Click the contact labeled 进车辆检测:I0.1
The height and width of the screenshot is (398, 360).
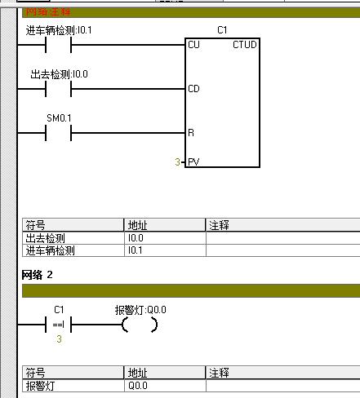click(x=58, y=45)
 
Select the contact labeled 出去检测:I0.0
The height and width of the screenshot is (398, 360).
click(x=58, y=89)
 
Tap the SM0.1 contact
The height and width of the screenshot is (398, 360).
click(x=58, y=133)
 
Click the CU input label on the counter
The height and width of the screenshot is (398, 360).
click(x=193, y=45)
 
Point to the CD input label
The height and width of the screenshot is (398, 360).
click(x=193, y=89)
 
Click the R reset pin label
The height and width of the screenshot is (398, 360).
click(x=191, y=133)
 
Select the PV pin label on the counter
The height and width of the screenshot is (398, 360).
click(x=193, y=162)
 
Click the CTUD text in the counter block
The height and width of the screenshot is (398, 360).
click(x=245, y=45)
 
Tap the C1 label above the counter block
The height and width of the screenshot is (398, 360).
click(x=222, y=30)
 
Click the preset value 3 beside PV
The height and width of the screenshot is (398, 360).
click(x=177, y=162)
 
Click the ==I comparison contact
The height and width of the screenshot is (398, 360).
click(x=58, y=325)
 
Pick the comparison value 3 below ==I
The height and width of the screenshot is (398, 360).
click(x=59, y=339)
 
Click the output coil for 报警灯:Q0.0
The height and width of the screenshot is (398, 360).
click(x=140, y=325)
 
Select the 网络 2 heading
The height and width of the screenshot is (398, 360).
click(x=37, y=275)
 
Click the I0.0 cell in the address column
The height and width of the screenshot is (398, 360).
click(x=136, y=238)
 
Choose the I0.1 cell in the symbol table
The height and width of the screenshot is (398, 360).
click(x=135, y=250)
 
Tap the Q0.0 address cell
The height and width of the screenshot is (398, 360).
click(x=138, y=386)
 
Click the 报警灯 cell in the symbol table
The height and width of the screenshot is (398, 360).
click(x=40, y=386)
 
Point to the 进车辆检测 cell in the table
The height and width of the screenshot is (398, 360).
click(x=50, y=250)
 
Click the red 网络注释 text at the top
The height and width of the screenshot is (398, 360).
click(x=48, y=11)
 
